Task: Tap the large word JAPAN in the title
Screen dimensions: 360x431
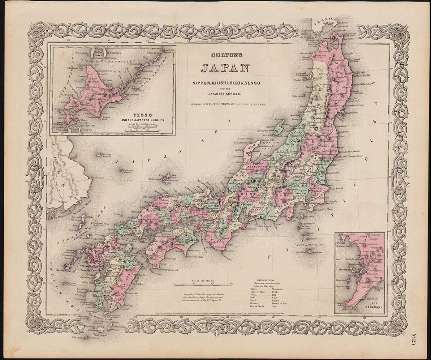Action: click(225, 69)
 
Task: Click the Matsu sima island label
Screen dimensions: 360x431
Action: click(126, 170)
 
